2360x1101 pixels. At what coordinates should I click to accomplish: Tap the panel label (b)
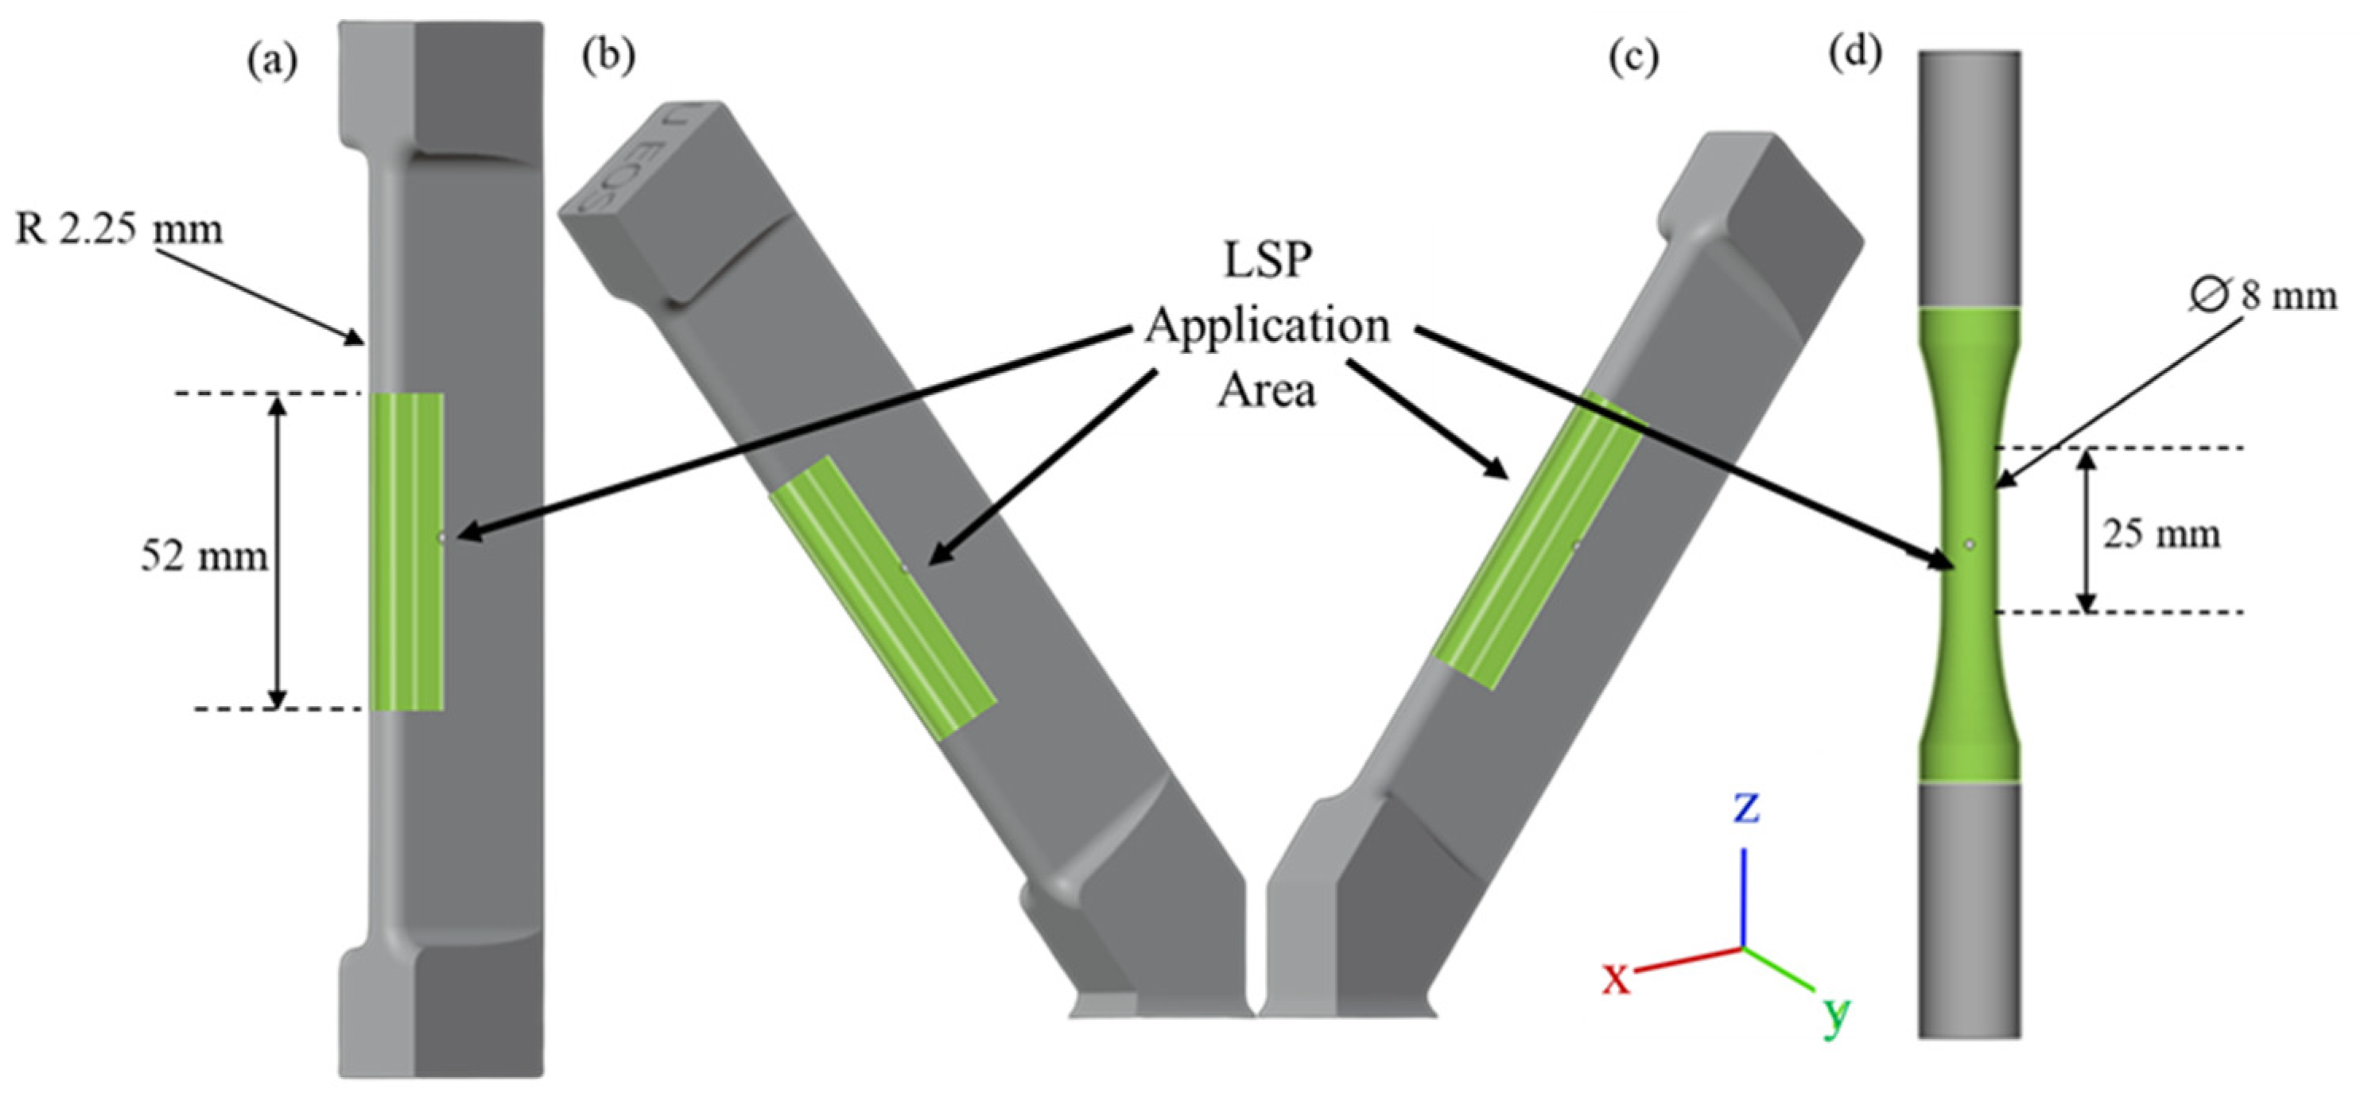click(607, 56)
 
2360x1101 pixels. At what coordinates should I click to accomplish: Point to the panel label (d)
click(1854, 54)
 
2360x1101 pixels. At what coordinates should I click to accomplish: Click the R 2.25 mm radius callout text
click(119, 229)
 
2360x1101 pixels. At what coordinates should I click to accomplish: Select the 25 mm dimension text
click(2161, 533)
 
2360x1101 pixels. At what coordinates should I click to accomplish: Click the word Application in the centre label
click(1267, 326)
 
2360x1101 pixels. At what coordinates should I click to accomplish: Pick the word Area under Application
click(1267, 390)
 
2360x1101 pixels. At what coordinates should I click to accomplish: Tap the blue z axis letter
click(1746, 808)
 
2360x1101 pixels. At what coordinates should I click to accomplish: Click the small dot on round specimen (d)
click(1970, 544)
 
